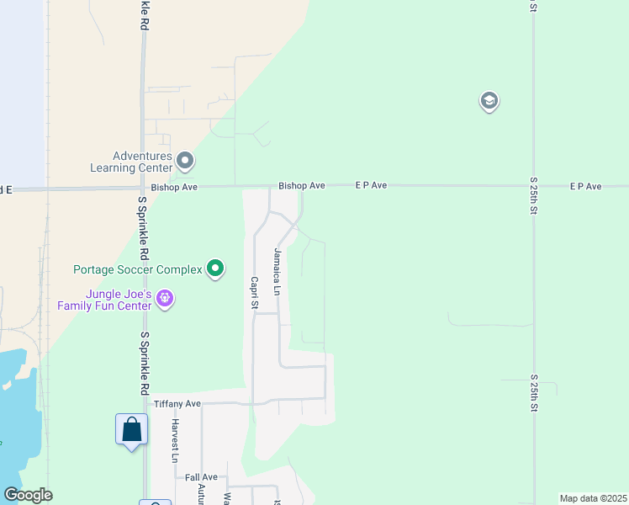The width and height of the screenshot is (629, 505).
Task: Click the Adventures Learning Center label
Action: tap(142, 161)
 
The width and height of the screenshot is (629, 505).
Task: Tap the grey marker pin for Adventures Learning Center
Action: tap(186, 159)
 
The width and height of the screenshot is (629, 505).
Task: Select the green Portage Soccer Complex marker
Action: tap(216, 268)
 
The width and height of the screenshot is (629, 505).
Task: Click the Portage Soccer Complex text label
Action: tap(138, 269)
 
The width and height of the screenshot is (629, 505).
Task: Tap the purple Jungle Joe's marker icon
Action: tap(165, 298)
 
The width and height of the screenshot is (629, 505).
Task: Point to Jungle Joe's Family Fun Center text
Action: tap(104, 300)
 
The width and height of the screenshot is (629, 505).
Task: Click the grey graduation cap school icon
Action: tap(489, 102)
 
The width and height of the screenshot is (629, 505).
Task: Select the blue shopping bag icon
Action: tap(131, 430)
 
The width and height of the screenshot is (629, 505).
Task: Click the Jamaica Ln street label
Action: tap(276, 271)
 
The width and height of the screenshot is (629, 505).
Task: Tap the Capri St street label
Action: tap(253, 293)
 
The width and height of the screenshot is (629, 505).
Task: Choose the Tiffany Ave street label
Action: tap(177, 404)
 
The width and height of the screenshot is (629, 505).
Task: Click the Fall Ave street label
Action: tap(201, 477)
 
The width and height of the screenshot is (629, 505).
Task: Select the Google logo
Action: tap(28, 495)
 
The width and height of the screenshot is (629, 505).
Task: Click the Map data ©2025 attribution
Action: tap(593, 498)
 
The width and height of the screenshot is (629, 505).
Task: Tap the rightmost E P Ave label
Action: tap(586, 186)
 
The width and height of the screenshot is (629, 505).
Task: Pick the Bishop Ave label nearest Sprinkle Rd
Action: tap(174, 187)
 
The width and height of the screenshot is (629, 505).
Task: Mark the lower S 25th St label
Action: tap(533, 393)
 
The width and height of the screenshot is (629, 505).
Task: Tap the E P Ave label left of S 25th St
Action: tap(371, 185)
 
